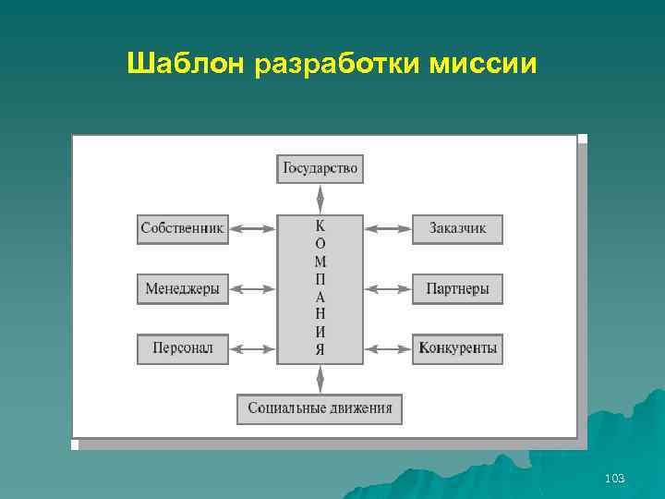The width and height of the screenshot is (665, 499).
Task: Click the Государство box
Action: tap(320, 169)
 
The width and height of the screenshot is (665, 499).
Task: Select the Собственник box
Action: tap(183, 228)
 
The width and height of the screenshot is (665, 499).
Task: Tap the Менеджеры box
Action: tap(183, 289)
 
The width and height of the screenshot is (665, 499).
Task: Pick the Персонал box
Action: tap(183, 348)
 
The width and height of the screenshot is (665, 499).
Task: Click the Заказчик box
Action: tap(457, 228)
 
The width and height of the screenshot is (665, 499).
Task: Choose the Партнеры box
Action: tap(457, 289)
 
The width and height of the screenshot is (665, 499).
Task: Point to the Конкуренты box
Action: tap(457, 348)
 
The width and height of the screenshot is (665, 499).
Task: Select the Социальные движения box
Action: tap(320, 408)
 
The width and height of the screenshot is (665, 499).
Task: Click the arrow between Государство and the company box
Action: tap(320, 199)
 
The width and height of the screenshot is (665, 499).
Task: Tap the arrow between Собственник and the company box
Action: tap(252, 228)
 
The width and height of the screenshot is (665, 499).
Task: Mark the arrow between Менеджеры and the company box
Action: tap(252, 289)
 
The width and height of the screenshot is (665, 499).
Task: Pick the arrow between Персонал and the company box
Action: tap(252, 349)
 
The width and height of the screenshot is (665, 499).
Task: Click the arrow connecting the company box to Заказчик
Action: tap(388, 228)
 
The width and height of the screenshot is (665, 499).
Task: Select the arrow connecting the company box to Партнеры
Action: tap(388, 289)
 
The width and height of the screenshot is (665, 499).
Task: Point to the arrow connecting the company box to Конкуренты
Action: tap(388, 349)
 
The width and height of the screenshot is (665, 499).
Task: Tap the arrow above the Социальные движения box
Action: tap(320, 379)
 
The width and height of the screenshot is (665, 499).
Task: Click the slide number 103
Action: tap(614, 478)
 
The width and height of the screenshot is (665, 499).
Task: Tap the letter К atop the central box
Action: tap(320, 225)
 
